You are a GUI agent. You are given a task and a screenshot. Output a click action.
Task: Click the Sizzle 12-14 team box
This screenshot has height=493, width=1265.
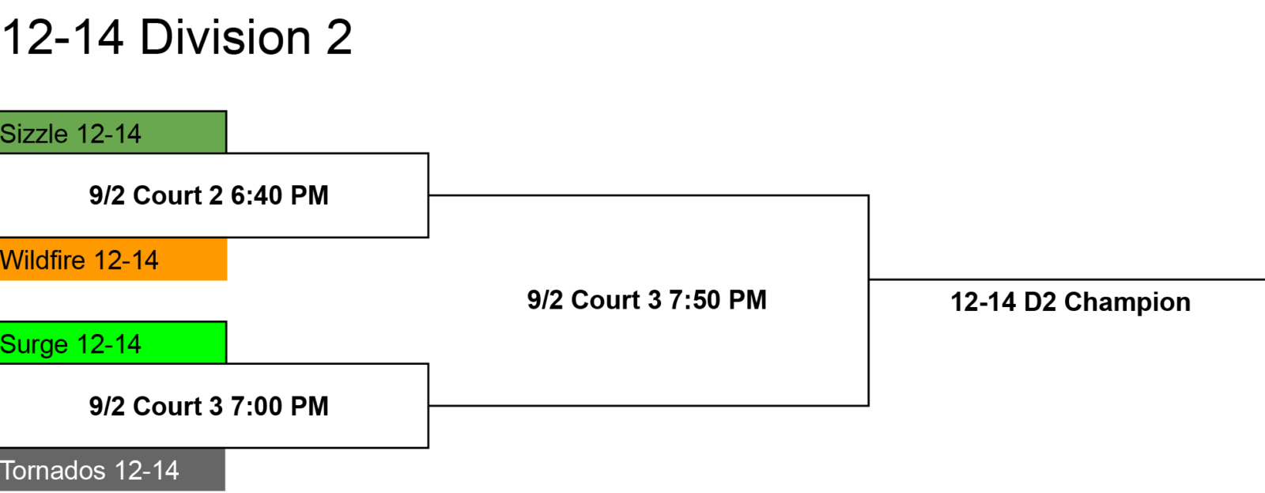click(x=113, y=132)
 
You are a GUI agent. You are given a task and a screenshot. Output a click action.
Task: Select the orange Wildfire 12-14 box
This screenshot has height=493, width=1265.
click(x=113, y=259)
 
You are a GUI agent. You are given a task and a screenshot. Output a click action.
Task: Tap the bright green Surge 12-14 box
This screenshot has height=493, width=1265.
click(x=113, y=343)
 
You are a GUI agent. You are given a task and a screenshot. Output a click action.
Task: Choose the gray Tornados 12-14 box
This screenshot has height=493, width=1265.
click(x=112, y=470)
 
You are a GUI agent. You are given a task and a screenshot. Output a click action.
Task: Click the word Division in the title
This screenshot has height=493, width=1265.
click(x=225, y=37)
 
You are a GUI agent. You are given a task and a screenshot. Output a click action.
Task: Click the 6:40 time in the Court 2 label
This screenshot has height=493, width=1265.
click(x=255, y=195)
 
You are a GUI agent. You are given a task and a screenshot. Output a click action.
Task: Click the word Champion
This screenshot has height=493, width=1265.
click(x=1127, y=302)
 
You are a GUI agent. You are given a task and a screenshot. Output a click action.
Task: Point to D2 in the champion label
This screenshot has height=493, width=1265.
click(x=1040, y=302)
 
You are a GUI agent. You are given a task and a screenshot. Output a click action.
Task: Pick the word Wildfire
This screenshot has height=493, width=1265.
click(x=43, y=260)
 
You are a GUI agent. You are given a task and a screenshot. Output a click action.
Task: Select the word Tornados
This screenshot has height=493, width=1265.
click(x=53, y=471)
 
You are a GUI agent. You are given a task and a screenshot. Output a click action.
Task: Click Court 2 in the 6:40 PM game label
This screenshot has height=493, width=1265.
click(x=178, y=195)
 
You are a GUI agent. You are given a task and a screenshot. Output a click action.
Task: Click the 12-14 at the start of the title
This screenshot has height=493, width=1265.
click(x=62, y=38)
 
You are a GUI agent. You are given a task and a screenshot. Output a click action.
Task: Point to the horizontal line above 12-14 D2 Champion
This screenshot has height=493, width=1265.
click(x=1067, y=279)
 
